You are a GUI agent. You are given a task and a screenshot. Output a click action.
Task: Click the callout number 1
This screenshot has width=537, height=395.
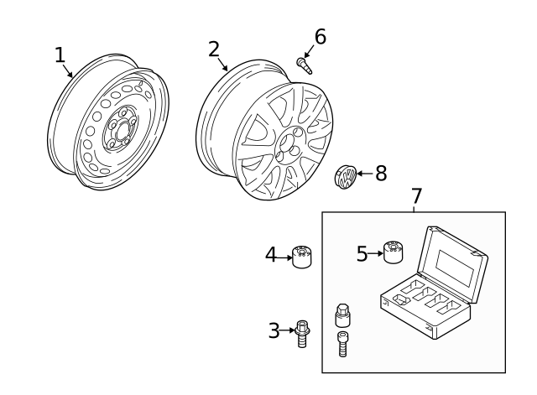60,55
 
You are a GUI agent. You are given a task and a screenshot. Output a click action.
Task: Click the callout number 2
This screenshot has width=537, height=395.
214,49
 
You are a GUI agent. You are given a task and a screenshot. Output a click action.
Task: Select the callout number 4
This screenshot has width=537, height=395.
271,253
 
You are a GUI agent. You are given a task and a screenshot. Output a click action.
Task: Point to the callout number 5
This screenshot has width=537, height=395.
362,253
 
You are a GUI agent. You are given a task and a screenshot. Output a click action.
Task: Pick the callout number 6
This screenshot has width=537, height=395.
320,37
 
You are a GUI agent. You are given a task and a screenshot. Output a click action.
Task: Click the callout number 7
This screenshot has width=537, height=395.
416,196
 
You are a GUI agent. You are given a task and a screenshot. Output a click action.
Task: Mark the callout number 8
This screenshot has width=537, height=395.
380,174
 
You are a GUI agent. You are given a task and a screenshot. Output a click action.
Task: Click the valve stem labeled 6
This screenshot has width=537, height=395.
304,65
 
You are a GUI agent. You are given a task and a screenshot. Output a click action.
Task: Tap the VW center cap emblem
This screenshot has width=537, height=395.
345,177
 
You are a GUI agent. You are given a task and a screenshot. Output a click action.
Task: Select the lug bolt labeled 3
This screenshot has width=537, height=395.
301,333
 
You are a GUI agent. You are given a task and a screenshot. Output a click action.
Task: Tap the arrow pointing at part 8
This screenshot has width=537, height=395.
364,174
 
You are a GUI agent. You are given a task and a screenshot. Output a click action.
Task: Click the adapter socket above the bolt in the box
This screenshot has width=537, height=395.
342,315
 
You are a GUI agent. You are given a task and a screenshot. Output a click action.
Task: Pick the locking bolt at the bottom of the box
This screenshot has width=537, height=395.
342,345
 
